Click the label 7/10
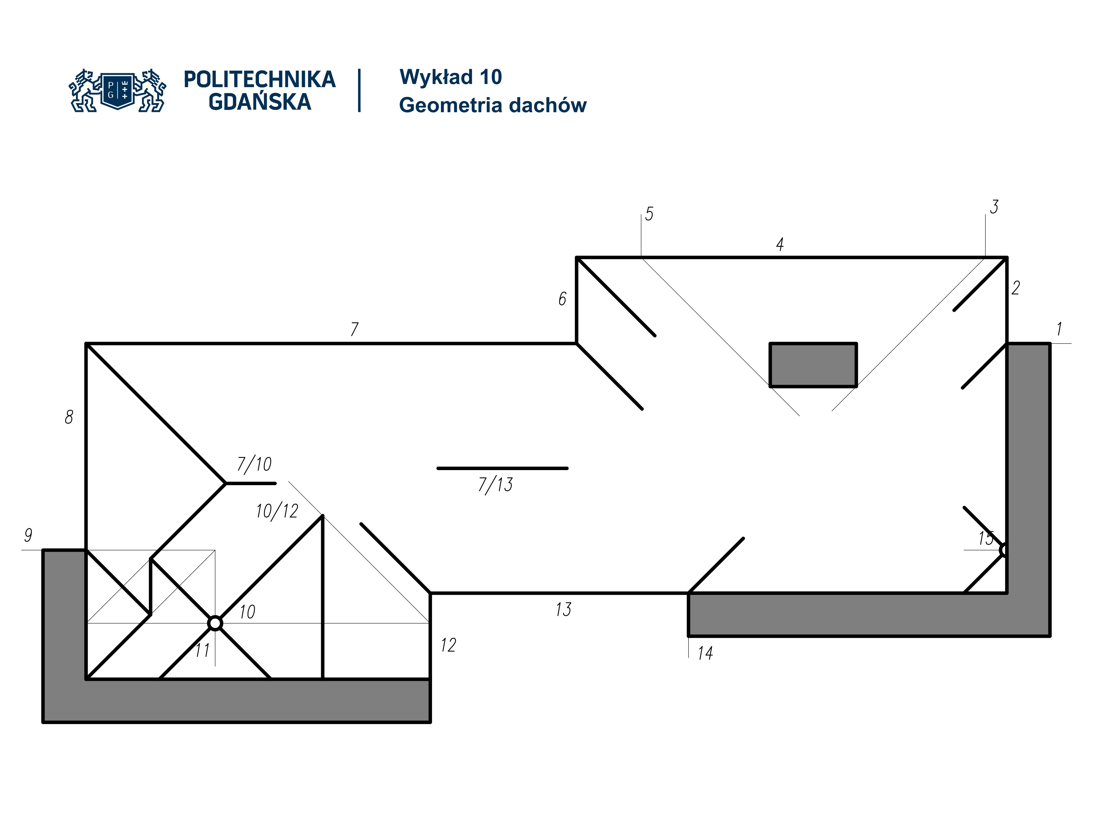click(x=254, y=464)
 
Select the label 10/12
click(x=277, y=511)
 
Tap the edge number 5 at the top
click(x=649, y=214)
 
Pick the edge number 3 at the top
click(x=994, y=207)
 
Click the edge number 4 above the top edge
click(x=780, y=244)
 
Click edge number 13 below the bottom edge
click(x=563, y=609)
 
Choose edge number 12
click(x=448, y=645)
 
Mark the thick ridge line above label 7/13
click(x=502, y=468)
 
